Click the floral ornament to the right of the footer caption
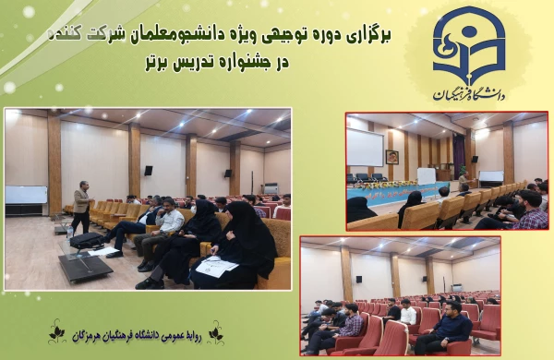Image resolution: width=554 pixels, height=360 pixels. coord(215,331)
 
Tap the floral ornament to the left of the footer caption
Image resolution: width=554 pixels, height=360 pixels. coord(56,331)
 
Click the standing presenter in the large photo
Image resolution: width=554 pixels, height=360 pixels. coord(82,207)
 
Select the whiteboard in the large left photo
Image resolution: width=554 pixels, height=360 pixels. coord(26,195)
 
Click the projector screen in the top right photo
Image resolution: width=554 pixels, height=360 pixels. coord(364,147)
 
